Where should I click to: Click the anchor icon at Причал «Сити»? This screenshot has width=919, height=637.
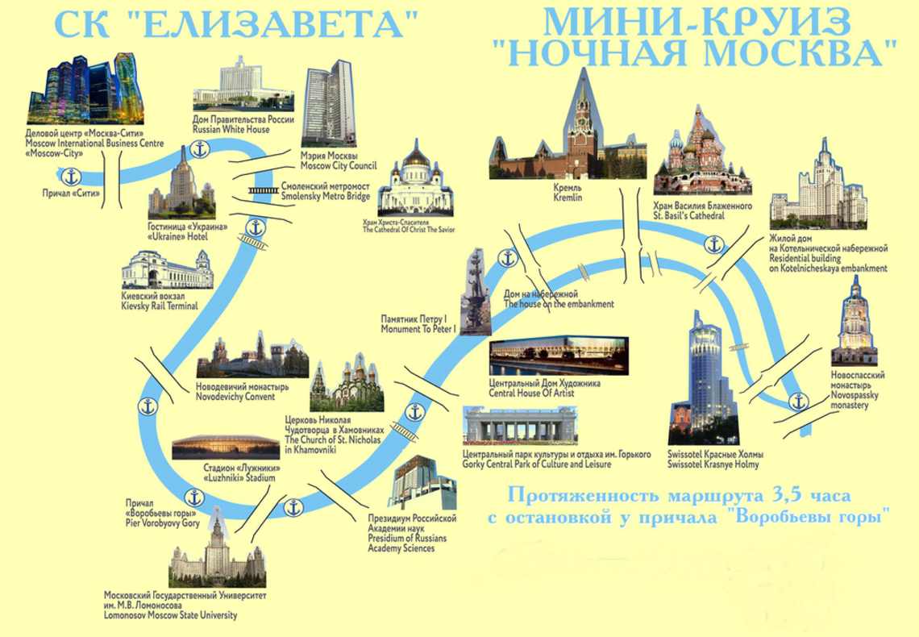tap(72, 176)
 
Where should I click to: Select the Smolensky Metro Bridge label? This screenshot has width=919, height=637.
tap(326, 191)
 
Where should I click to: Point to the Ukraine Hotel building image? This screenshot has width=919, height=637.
tap(181, 184)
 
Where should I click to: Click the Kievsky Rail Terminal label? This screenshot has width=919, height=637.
tap(160, 302)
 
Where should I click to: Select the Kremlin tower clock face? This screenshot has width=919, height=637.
tap(581, 122)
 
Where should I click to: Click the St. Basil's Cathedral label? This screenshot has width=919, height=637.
tap(703, 211)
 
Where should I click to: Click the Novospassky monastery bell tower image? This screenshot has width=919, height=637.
tap(855, 322)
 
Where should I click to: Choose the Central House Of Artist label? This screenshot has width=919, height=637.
tap(544, 389)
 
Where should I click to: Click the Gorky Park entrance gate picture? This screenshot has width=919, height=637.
tap(519, 425)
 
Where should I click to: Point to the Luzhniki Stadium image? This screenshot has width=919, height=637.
tap(226, 448)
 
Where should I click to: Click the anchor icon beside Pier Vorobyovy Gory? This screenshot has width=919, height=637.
tap(193, 498)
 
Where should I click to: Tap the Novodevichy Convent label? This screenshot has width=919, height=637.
tap(242, 391)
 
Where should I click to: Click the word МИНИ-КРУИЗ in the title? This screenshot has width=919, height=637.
tap(696, 22)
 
